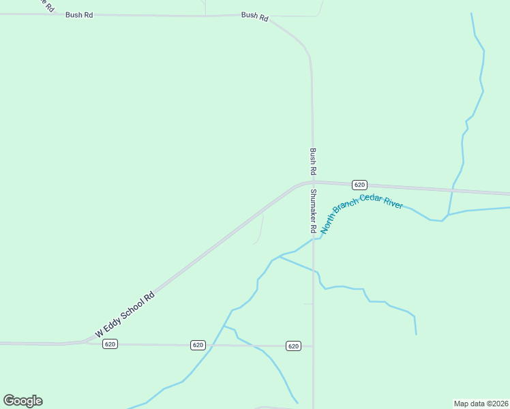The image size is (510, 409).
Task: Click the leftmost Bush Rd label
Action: tap(79, 14)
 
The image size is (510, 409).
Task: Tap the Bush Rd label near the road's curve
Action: tap(254, 16)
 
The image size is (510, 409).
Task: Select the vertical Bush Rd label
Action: tap(313, 161)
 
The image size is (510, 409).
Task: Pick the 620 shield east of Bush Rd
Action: tap(360, 185)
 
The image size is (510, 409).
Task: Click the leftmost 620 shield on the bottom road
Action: tap(110, 344)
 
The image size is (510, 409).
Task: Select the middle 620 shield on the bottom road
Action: tap(198, 345)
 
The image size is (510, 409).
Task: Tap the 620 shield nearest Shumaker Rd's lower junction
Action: tap(293, 346)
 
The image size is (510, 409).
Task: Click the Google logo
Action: tap(23, 401)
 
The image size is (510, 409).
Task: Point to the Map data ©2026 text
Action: tap(481, 403)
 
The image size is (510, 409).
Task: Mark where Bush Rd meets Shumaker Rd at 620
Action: tap(313, 182)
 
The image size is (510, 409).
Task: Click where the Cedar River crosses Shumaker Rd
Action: tap(314, 239)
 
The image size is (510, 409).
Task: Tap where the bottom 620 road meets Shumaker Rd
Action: tap(313, 346)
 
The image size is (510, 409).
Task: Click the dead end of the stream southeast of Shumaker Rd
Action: tap(416, 334)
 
